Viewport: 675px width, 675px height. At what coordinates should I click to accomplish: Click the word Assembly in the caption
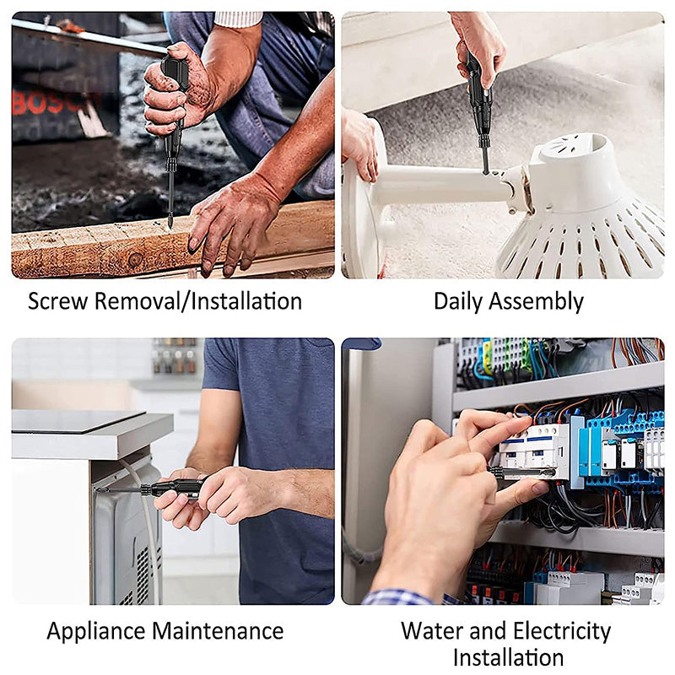pyautogui.click(x=536, y=301)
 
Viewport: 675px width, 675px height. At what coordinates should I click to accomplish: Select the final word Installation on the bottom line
pyautogui.click(x=508, y=657)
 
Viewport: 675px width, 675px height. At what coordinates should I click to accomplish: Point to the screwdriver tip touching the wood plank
pyautogui.click(x=169, y=224)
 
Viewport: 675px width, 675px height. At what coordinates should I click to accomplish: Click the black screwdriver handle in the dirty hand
pyautogui.click(x=174, y=80)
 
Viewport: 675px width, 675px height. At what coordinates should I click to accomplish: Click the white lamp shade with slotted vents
pyautogui.click(x=582, y=219)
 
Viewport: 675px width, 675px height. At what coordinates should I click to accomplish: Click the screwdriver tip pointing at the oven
pyautogui.click(x=100, y=489)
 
